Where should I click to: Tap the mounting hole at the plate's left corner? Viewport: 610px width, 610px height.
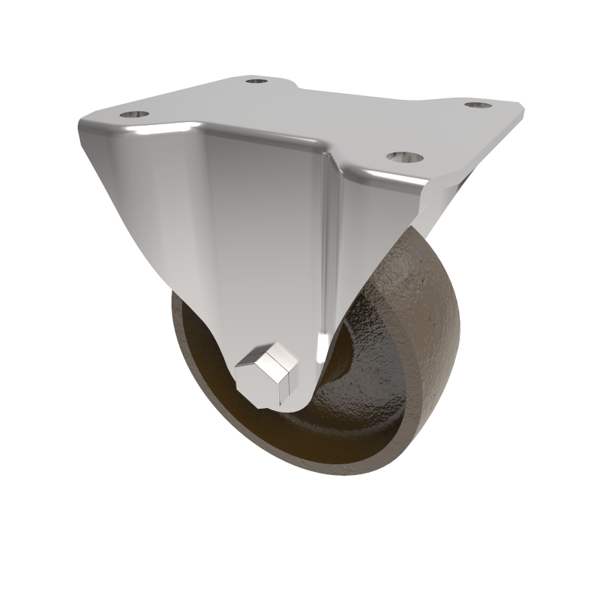pyautogui.click(x=134, y=114)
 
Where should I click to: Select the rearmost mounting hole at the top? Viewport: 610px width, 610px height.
pyautogui.click(x=257, y=79)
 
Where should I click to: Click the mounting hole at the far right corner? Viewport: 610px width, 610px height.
pyautogui.click(x=477, y=104)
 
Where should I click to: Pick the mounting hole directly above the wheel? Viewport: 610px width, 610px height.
pyautogui.click(x=403, y=157)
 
